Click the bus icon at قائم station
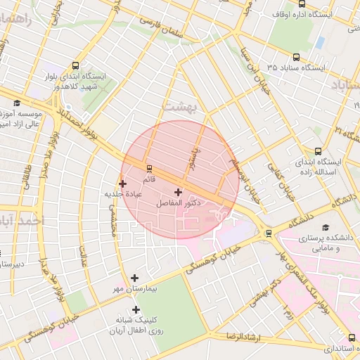(148, 169)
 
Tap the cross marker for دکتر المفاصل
(177, 192)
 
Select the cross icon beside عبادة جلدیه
(122, 184)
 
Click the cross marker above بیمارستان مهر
(134, 278)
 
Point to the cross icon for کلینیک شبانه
(136, 309)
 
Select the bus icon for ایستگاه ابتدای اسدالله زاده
(319, 150)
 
